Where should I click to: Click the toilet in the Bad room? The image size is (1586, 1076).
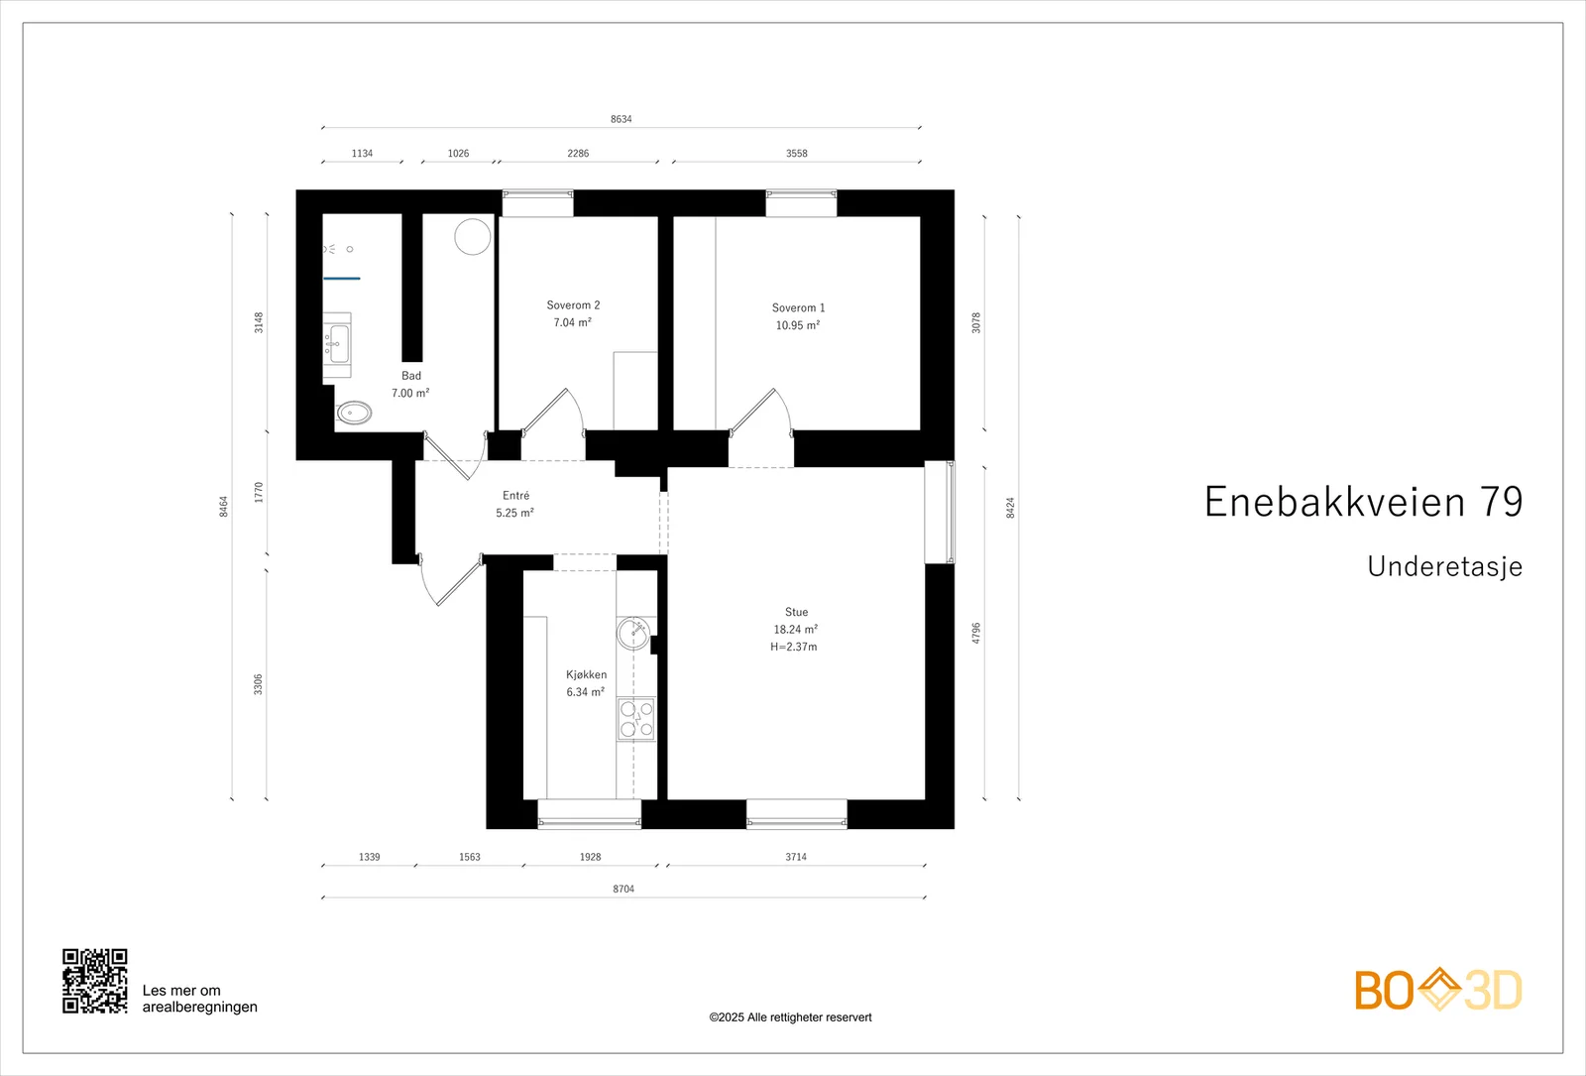(353, 413)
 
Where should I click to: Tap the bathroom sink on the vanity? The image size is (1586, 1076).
(339, 344)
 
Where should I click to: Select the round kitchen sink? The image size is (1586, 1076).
(632, 634)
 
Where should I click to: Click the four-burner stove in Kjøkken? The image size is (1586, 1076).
(635, 719)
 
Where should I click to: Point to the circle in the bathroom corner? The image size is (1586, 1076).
(472, 237)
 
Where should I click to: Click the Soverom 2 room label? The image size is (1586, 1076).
(573, 305)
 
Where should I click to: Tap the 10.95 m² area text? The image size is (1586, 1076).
(797, 325)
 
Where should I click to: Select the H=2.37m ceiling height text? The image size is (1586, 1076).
(794, 647)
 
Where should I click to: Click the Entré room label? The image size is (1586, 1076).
(515, 495)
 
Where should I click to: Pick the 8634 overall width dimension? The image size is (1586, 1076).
(621, 119)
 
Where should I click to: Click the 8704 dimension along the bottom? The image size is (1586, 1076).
(623, 889)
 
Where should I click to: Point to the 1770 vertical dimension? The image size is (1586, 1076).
(259, 492)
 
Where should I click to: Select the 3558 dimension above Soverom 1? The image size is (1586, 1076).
(797, 153)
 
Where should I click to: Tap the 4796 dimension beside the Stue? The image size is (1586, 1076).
(975, 634)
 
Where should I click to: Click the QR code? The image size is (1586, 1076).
(95, 981)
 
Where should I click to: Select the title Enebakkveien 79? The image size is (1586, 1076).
(1364, 502)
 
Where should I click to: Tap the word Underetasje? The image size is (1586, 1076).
(1444, 566)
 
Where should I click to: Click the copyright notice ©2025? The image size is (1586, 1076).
(790, 1017)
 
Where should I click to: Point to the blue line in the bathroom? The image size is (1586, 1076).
(342, 279)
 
